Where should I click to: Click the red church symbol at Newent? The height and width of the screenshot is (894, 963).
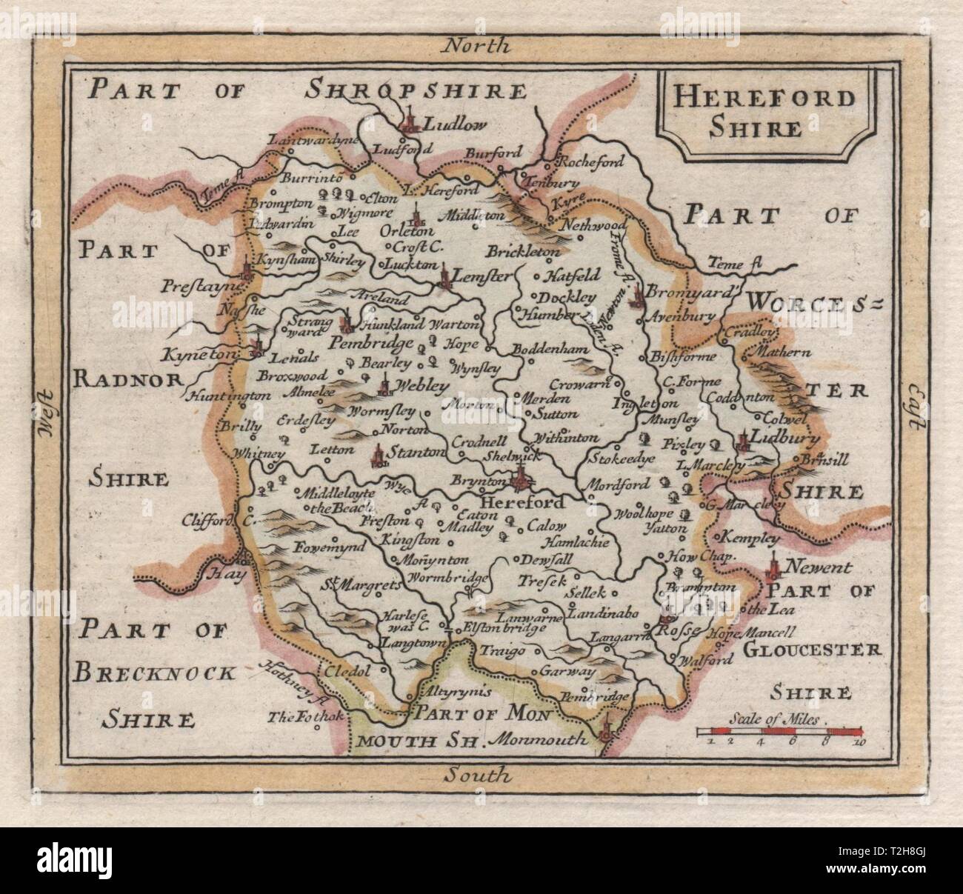773,567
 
